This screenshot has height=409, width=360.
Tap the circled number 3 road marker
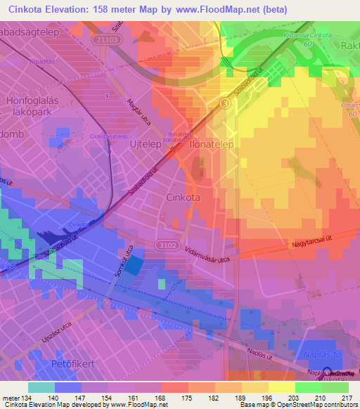pyautogui.click(x=224, y=103)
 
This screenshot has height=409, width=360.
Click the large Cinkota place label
pyautogui.click(x=182, y=197)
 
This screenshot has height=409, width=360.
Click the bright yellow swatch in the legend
pyautogui.click(x=281, y=387)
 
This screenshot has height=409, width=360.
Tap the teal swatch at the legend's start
pyautogui.click(x=41, y=387)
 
